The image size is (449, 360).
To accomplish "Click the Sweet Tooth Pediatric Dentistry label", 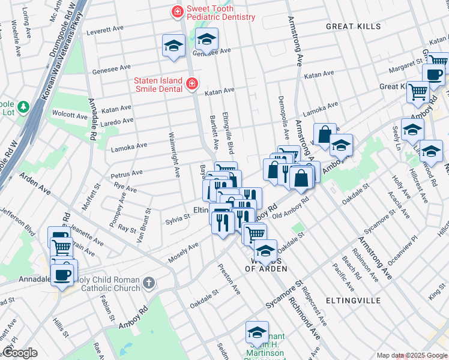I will point(220,13).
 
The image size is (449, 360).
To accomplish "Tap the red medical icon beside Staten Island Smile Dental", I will point(191,83).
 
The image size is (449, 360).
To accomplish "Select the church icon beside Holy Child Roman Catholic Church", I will point(149,282).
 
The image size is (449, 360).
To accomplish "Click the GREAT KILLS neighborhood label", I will point(353,26).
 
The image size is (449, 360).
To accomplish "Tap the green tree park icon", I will point(23,107).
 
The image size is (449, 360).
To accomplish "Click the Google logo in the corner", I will point(19,353).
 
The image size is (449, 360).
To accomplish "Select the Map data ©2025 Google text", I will point(411,355).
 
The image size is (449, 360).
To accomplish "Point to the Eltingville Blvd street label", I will point(228,131).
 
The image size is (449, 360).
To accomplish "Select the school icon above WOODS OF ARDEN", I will point(264,250).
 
